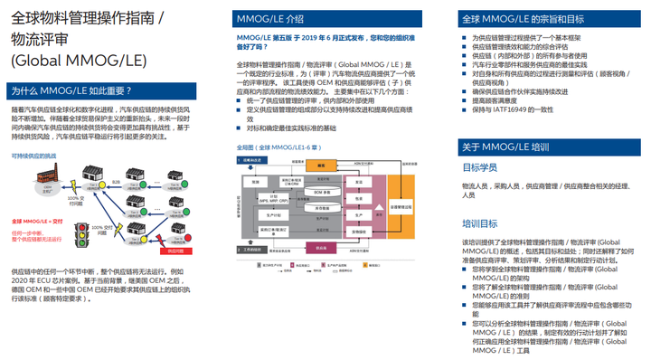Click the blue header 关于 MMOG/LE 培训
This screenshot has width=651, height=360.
point(505,147)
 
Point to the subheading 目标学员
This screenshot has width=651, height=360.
point(481,168)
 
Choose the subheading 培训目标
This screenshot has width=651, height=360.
point(481,223)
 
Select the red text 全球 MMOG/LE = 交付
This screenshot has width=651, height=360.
point(35,220)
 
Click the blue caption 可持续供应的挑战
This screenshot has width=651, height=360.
point(33,156)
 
